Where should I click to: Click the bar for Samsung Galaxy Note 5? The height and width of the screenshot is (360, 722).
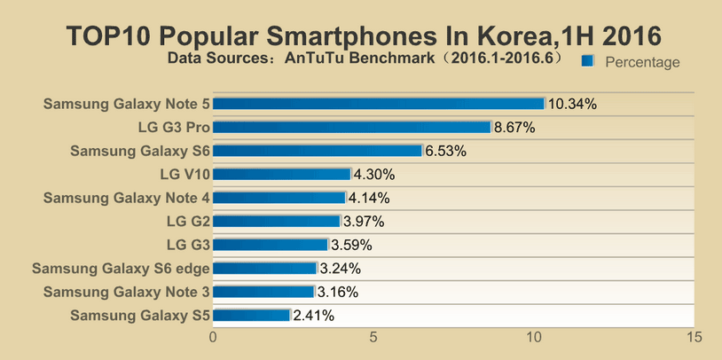click(x=379, y=104)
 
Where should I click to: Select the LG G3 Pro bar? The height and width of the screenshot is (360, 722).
click(x=352, y=127)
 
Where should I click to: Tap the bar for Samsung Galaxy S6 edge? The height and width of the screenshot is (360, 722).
click(x=265, y=268)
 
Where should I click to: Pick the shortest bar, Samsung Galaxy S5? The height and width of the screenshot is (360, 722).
click(x=252, y=315)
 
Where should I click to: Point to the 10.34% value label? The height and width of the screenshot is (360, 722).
click(x=572, y=104)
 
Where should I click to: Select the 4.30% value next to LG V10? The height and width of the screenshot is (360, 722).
click(x=373, y=175)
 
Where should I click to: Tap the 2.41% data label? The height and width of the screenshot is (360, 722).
click(x=313, y=315)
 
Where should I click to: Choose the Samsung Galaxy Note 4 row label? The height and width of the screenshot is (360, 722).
click(x=126, y=198)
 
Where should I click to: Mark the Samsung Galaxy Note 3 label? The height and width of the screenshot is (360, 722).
click(x=126, y=292)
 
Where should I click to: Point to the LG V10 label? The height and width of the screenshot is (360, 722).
click(x=184, y=175)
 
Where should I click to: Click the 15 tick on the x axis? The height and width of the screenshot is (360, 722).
click(x=695, y=337)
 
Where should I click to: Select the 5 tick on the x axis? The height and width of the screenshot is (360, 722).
click(x=373, y=337)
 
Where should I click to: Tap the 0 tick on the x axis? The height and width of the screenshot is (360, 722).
click(x=213, y=337)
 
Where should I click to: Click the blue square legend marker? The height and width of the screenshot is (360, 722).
click(x=587, y=61)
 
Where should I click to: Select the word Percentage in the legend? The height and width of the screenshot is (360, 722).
click(x=642, y=62)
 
